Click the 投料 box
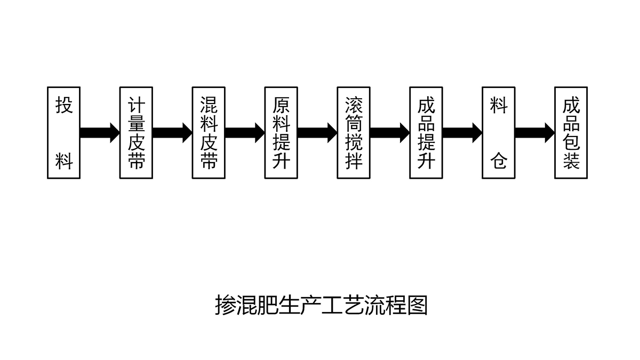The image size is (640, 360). pos(63,133)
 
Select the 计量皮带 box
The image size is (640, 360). pos(136,133)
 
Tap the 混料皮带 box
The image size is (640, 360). pos(209,133)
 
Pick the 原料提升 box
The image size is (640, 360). pos(281,133)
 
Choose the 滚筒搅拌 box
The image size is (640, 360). pos(354,133)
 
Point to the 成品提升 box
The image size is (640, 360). pos(426,133)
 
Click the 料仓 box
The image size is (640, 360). pos(499,133)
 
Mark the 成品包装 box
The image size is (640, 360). pos(571,133)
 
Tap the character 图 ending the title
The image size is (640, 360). pos(417,306)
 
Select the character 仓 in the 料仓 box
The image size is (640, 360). pos(499,161)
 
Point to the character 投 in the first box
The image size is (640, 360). pos(64,105)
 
